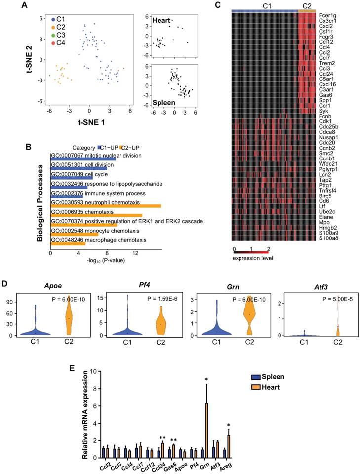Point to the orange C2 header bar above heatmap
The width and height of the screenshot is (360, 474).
[307, 10]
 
